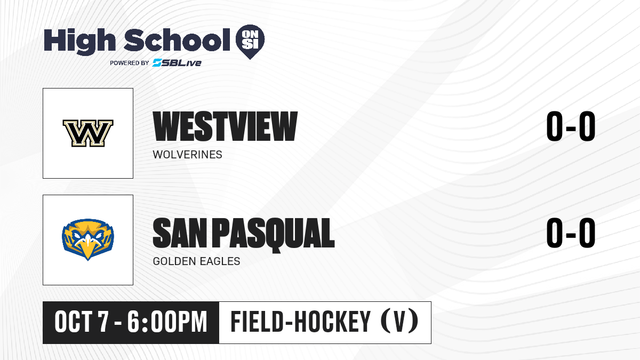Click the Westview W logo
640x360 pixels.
pyautogui.click(x=88, y=133)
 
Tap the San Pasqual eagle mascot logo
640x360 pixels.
pyautogui.click(x=88, y=239)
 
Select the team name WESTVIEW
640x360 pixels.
pyautogui.click(x=225, y=126)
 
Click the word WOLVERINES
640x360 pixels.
pyautogui.click(x=187, y=155)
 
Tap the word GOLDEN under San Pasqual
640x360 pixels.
pyautogui.click(x=174, y=261)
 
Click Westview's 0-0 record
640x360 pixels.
pyautogui.click(x=571, y=126)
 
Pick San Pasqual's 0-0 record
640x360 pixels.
pyautogui.click(x=571, y=233)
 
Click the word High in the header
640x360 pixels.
pyautogui.click(x=79, y=41)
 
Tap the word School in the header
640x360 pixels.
pyautogui.click(x=177, y=40)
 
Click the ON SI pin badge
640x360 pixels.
pyautogui.click(x=250, y=42)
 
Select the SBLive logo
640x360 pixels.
pyautogui.click(x=177, y=63)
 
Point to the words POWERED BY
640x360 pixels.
pyautogui.click(x=130, y=63)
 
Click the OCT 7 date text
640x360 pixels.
pyautogui.click(x=82, y=322)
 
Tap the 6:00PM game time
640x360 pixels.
pyautogui.click(x=167, y=322)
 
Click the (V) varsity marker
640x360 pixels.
pyautogui.click(x=399, y=321)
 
